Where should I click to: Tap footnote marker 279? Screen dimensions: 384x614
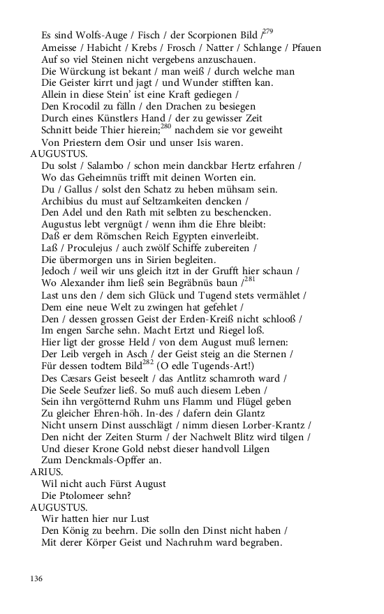click(268, 31)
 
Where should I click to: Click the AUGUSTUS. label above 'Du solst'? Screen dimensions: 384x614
click(59, 154)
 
